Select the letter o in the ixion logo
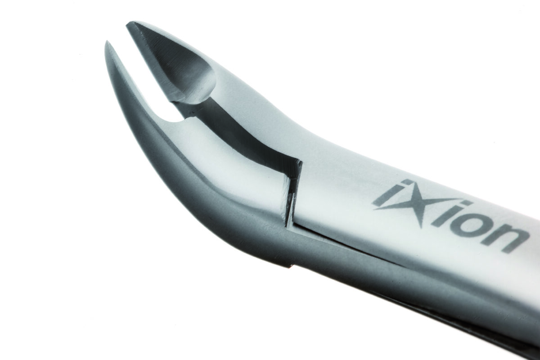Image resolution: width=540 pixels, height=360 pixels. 468,224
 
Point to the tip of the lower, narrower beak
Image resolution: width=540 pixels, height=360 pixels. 106,42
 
